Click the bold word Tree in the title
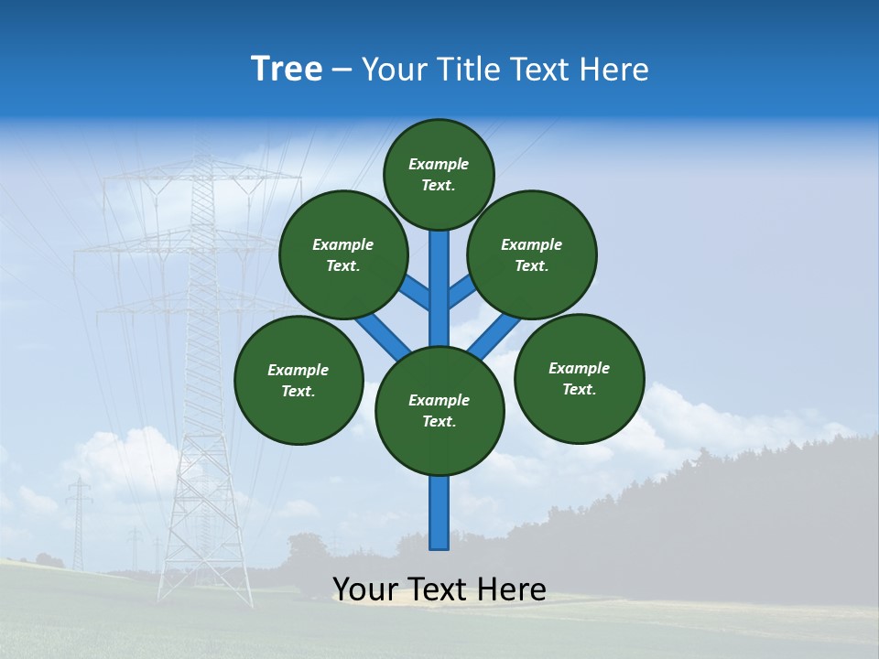click(x=287, y=70)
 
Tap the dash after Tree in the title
click(x=342, y=70)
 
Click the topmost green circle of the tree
click(x=439, y=174)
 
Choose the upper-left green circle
click(x=343, y=254)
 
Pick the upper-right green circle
click(x=532, y=254)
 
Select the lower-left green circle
click(x=298, y=380)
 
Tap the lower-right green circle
click(x=579, y=378)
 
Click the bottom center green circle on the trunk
click(x=439, y=411)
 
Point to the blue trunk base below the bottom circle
click(x=439, y=513)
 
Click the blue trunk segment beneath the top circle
click(x=439, y=284)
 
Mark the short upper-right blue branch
click(x=461, y=291)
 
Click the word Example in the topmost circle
click(x=439, y=164)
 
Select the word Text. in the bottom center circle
click(x=439, y=422)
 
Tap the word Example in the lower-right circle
click(x=579, y=368)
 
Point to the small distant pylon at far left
click(x=79, y=522)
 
